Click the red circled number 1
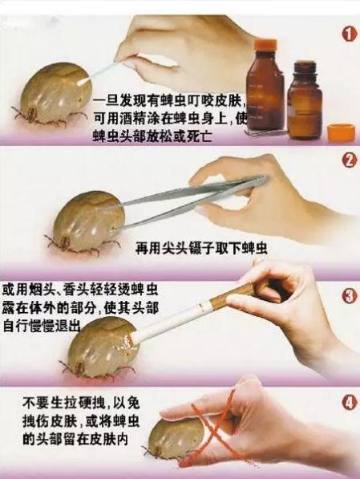pos(350,34)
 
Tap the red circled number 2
pos(350,160)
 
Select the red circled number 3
pos(349,296)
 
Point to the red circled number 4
pos(350,403)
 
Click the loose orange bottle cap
pos(341,132)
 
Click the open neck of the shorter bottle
pos(304,66)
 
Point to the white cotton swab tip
pos(83,82)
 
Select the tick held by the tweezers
pos(87,221)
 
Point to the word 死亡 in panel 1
pos(200,136)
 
